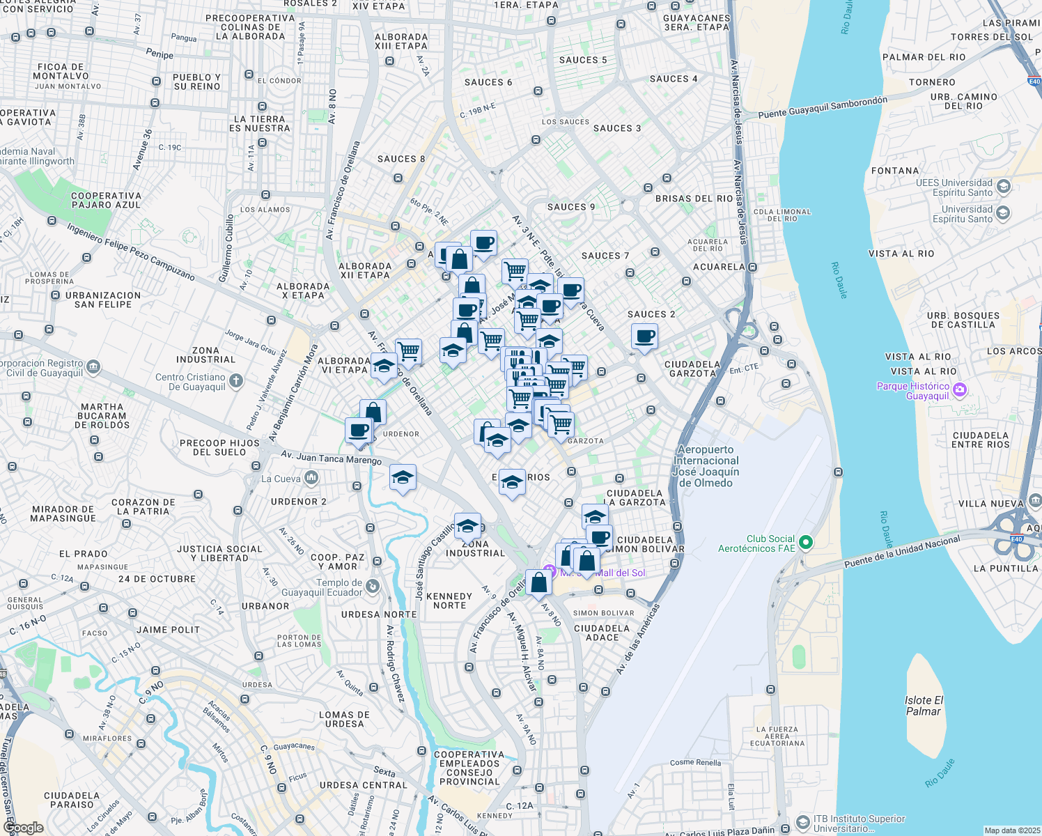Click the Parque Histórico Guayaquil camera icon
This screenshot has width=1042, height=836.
[959, 390]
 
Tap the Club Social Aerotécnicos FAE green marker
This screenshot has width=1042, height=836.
[805, 542]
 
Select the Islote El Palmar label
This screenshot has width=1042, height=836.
[924, 706]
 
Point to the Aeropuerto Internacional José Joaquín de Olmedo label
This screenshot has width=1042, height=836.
[706, 466]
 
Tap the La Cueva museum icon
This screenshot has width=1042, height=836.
[311, 478]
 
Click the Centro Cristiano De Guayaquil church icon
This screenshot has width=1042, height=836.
[236, 380]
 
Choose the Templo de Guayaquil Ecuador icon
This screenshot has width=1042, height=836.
[373, 587]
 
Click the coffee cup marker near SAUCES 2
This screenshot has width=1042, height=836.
[644, 336]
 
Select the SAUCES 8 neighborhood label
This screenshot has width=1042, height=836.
[401, 159]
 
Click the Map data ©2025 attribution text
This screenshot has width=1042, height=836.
[1012, 830]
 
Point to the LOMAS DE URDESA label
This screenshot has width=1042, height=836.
[344, 719]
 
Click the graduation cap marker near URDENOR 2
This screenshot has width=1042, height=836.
[403, 478]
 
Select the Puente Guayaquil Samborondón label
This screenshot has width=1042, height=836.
[823, 107]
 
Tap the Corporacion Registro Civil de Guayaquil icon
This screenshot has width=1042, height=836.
[93, 367]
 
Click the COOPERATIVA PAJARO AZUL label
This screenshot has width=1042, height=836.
[106, 201]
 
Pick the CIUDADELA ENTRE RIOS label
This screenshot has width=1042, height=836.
[981, 440]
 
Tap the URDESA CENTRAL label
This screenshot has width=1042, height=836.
[363, 785]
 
